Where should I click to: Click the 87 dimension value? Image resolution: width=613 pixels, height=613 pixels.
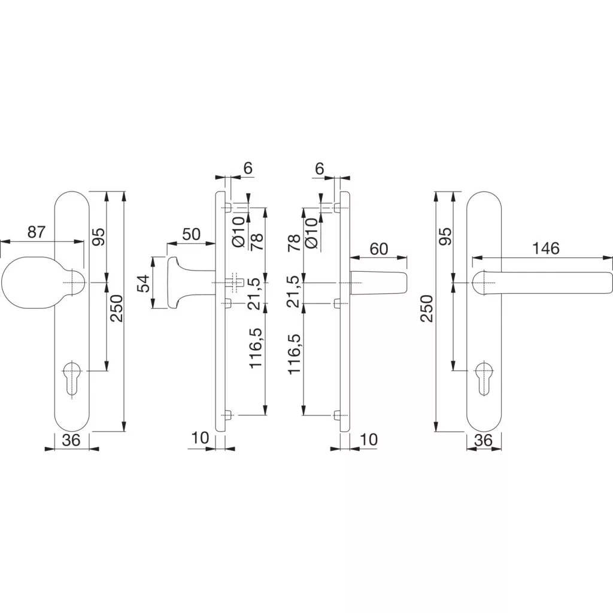tap(37, 232)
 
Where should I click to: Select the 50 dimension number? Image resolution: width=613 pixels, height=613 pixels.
tap(190, 234)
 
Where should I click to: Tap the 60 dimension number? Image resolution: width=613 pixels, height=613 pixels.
tap(379, 248)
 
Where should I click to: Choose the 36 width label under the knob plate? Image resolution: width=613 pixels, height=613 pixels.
tap(72, 440)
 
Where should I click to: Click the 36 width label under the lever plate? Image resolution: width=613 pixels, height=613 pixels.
tap(483, 440)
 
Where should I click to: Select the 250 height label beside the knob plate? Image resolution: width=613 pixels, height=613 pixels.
tap(117, 308)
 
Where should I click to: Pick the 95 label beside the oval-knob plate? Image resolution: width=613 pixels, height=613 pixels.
tap(99, 237)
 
